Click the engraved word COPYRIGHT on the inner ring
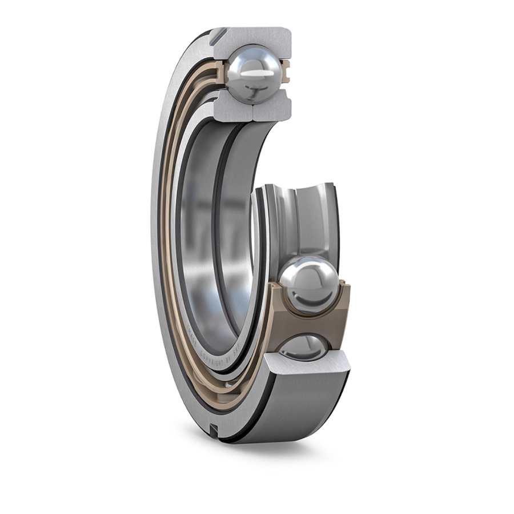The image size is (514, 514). [211, 359]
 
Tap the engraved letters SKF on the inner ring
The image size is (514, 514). [236, 349]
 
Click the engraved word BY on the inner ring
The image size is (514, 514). [228, 360]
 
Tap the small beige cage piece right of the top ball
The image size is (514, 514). [286, 73]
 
